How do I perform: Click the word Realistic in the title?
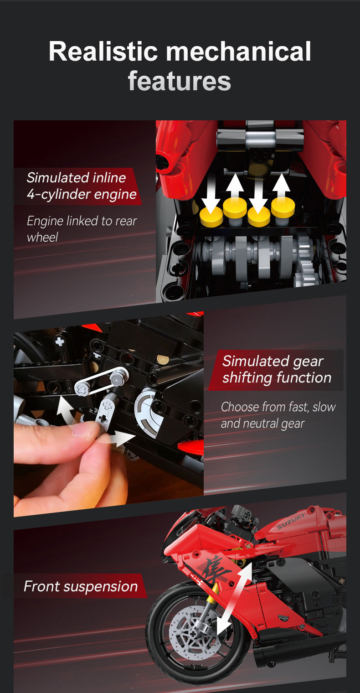tap(105, 52)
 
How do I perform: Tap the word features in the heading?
tap(180, 81)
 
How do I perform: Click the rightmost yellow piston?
tap(283, 207)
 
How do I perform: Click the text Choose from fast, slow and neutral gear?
tap(278, 415)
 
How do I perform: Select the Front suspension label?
tap(81, 586)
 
